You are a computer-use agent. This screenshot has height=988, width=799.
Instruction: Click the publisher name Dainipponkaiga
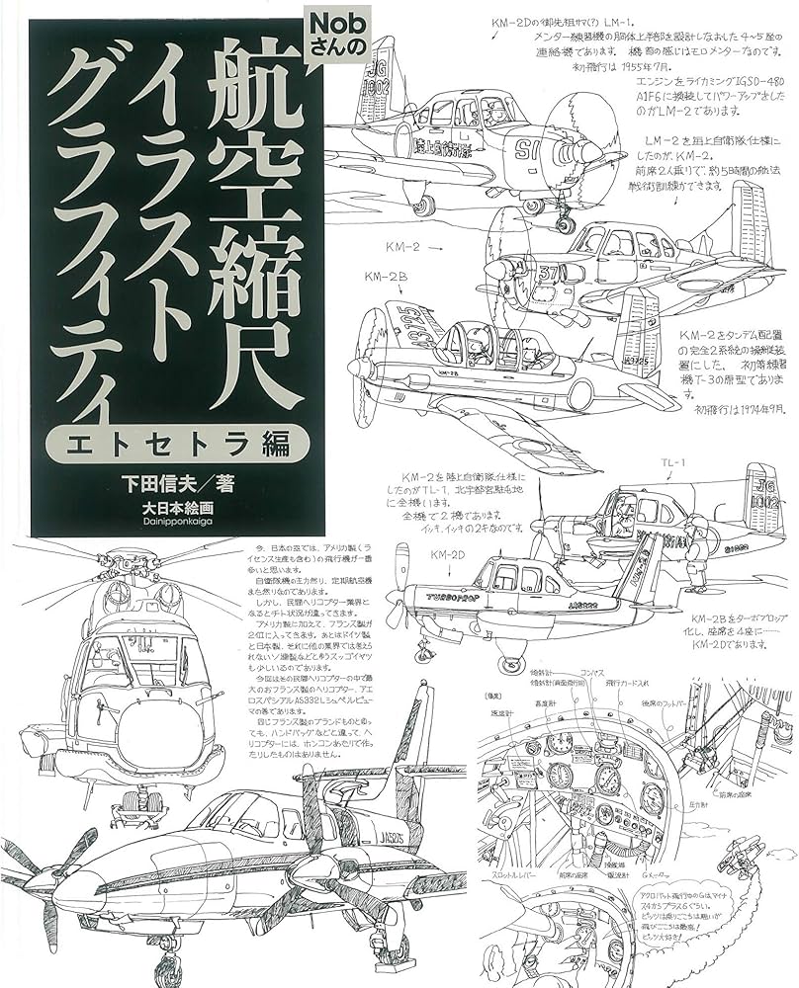point(178,525)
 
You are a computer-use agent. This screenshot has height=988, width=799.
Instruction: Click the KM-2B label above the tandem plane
point(385,278)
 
